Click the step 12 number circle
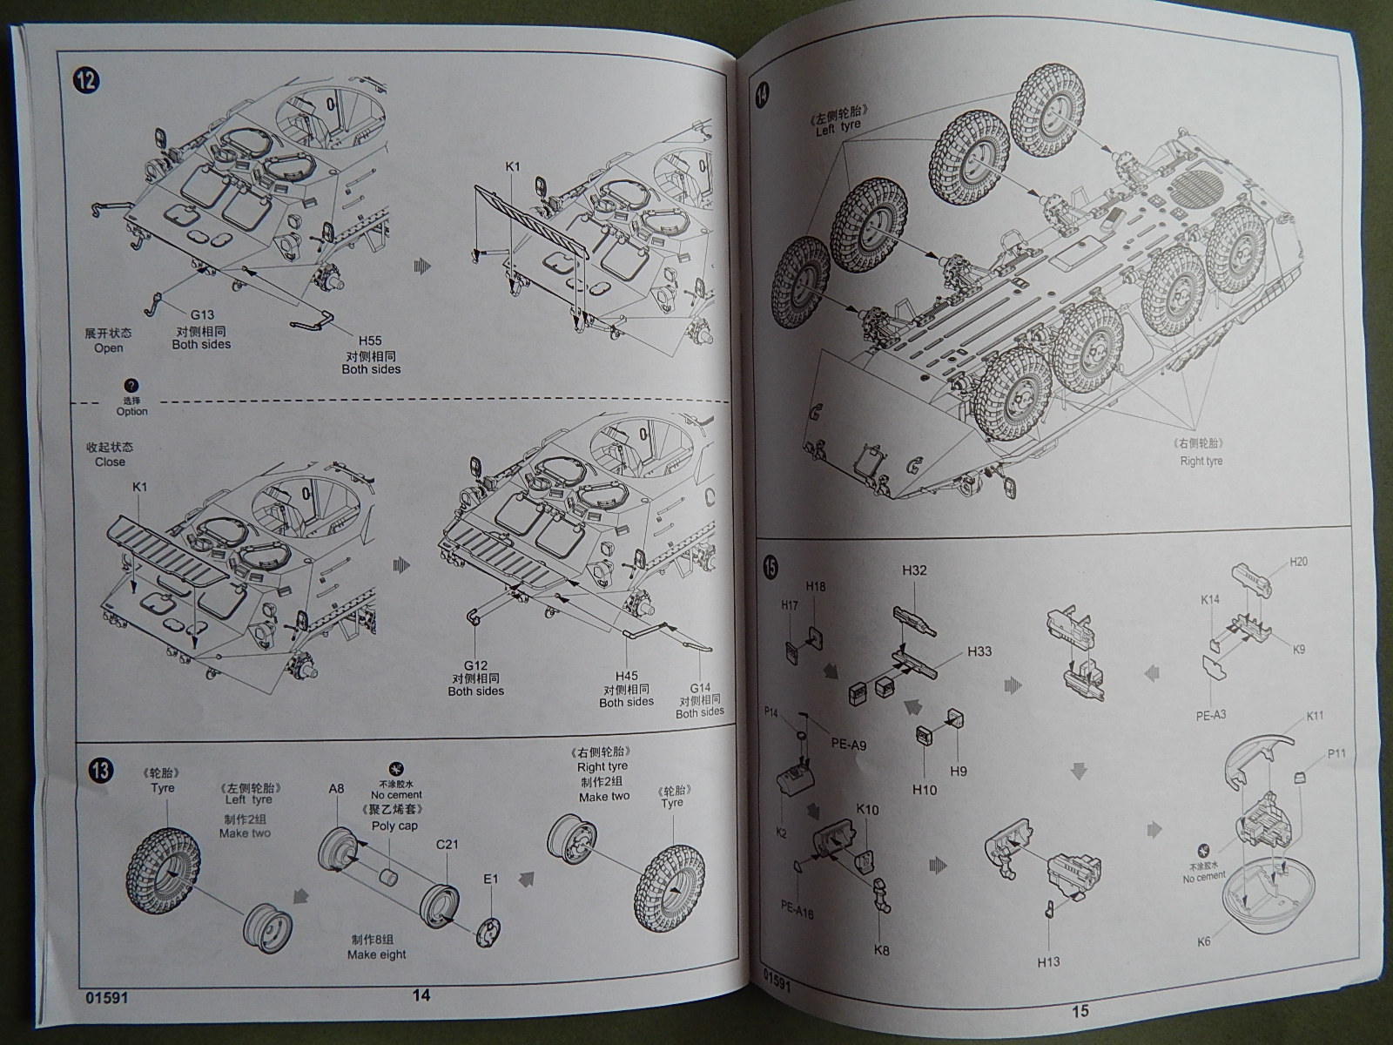click(87, 81)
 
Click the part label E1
click(490, 878)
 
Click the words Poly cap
click(395, 826)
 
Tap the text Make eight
click(377, 954)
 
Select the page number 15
click(1080, 1011)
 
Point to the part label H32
click(914, 570)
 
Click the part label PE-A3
click(1210, 715)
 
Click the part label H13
click(1049, 961)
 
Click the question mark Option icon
click(132, 386)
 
